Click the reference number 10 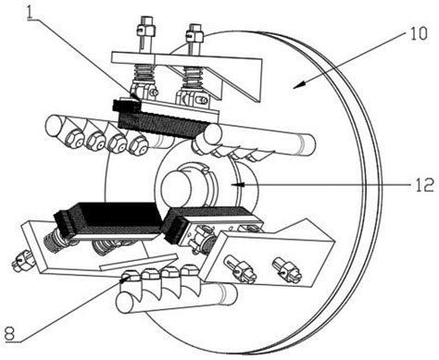point(419,34)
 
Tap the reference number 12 point(424,185)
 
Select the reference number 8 point(10,334)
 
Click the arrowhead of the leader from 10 point(298,85)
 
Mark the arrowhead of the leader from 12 point(238,184)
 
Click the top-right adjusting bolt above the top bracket point(194,37)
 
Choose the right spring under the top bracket point(193,78)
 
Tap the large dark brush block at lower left point(109,220)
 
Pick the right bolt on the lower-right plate point(286,267)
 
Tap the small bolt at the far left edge point(21,261)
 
